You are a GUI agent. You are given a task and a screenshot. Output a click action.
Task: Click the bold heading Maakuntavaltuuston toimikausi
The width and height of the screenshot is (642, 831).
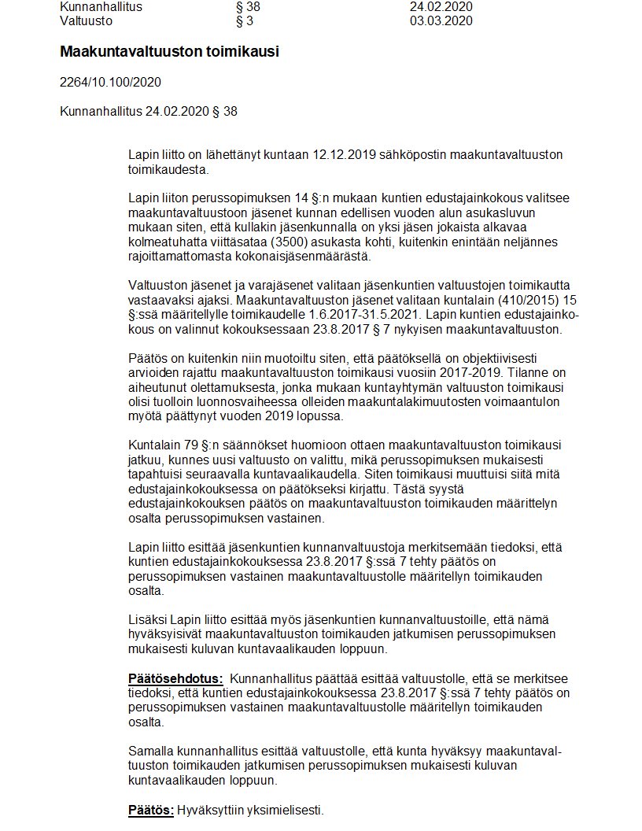(x=169, y=52)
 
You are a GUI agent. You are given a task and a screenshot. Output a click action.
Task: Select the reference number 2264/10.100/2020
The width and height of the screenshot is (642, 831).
(x=111, y=82)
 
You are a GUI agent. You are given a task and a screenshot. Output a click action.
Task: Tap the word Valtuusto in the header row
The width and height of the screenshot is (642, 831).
(x=87, y=21)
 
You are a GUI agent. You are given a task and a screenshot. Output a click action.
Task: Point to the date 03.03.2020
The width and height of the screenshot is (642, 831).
(x=441, y=21)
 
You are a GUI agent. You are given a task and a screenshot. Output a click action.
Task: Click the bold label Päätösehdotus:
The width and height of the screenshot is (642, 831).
(x=175, y=679)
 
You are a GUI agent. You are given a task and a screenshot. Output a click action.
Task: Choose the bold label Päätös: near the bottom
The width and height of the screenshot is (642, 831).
(x=151, y=810)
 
